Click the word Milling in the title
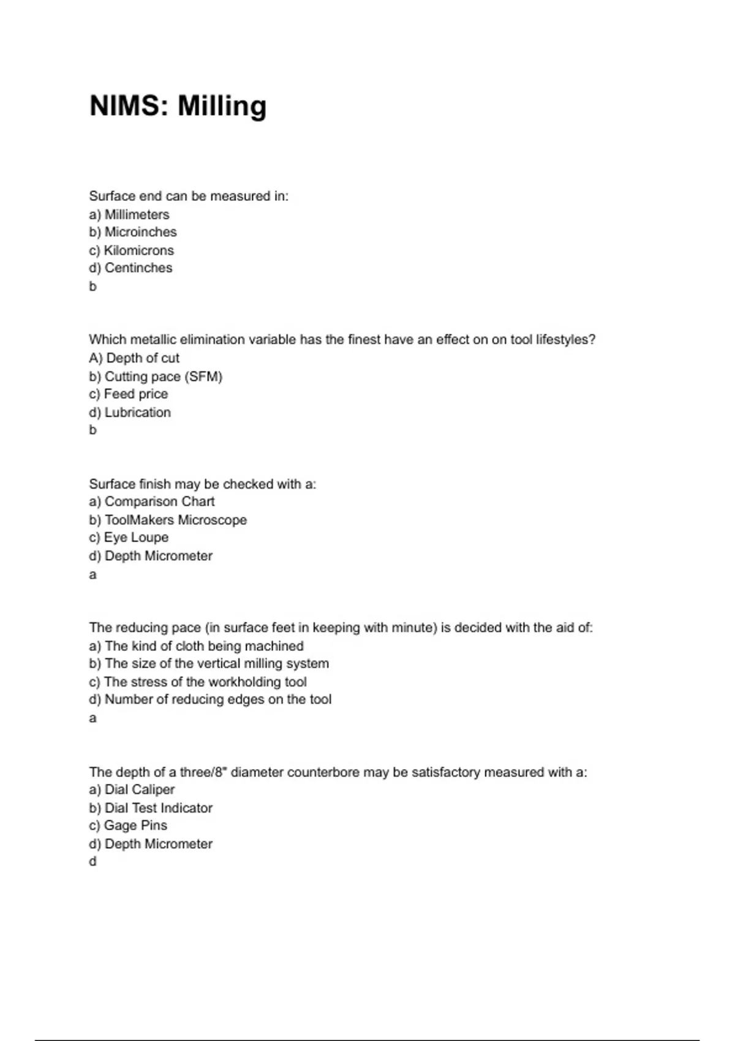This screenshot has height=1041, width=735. tap(222, 106)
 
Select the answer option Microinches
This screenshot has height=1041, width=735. tap(140, 232)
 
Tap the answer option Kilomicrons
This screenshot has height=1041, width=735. tap(138, 250)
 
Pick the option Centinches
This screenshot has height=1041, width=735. tap(138, 268)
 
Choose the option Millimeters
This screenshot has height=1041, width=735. tap(137, 214)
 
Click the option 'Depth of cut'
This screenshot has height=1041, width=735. tap(143, 358)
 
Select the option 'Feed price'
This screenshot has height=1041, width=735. tap(135, 394)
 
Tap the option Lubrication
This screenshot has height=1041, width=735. tap(137, 412)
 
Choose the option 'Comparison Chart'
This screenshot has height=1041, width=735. tap(159, 502)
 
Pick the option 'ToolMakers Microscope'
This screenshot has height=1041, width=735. tap(175, 520)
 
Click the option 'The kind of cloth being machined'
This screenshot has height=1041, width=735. tap(204, 646)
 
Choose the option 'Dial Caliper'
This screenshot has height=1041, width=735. tap(139, 789)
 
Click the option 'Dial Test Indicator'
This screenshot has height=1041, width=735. tap(158, 808)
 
